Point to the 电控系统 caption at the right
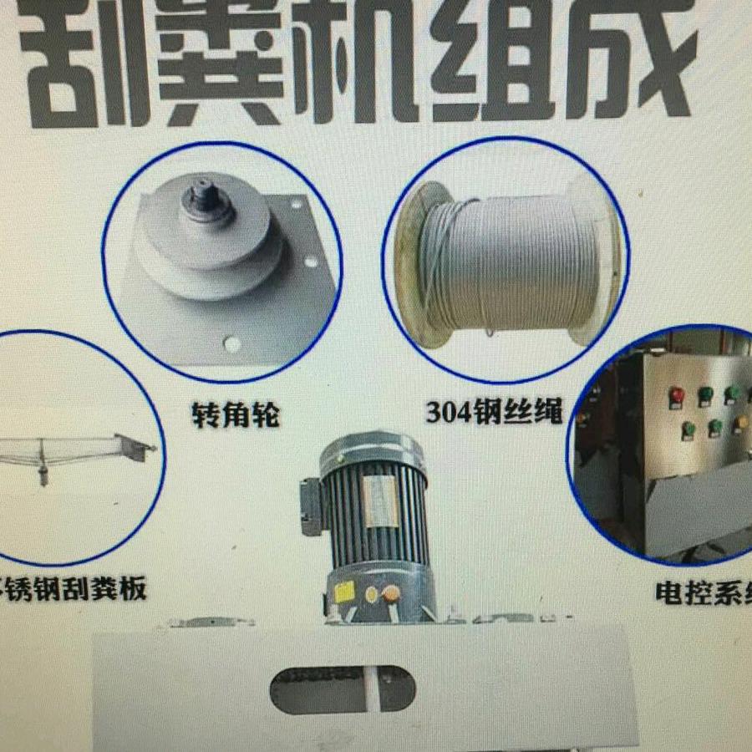tap(702, 592)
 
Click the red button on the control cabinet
tap(676, 394)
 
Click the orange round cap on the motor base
tap(389, 594)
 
